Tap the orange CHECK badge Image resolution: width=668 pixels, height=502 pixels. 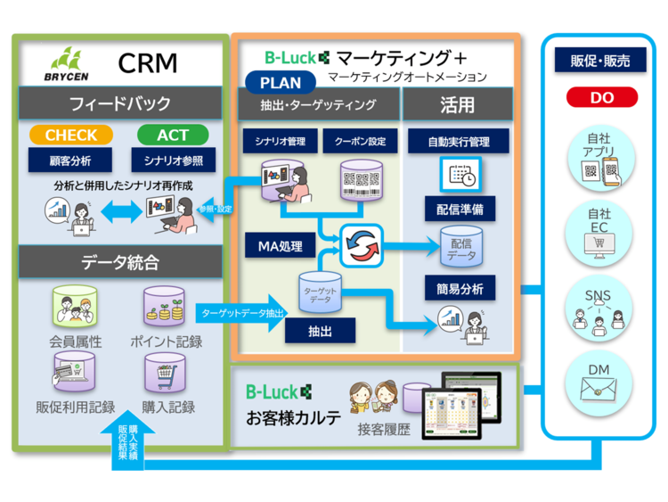click(x=71, y=136)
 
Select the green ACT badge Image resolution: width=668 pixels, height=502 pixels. click(x=173, y=136)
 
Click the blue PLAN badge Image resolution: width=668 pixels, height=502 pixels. click(x=281, y=83)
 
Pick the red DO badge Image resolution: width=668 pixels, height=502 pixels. click(x=601, y=97)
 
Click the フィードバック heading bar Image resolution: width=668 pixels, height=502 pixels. click(x=120, y=103)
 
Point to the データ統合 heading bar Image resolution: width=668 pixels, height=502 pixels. click(x=120, y=263)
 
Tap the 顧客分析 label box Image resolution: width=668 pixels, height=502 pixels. click(x=70, y=160)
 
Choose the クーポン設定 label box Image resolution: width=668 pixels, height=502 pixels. click(x=360, y=142)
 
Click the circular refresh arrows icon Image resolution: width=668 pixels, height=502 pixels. click(x=361, y=244)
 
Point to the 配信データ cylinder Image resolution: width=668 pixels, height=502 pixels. click(x=461, y=248)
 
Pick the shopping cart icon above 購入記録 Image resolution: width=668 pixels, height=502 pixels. click(x=168, y=371)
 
